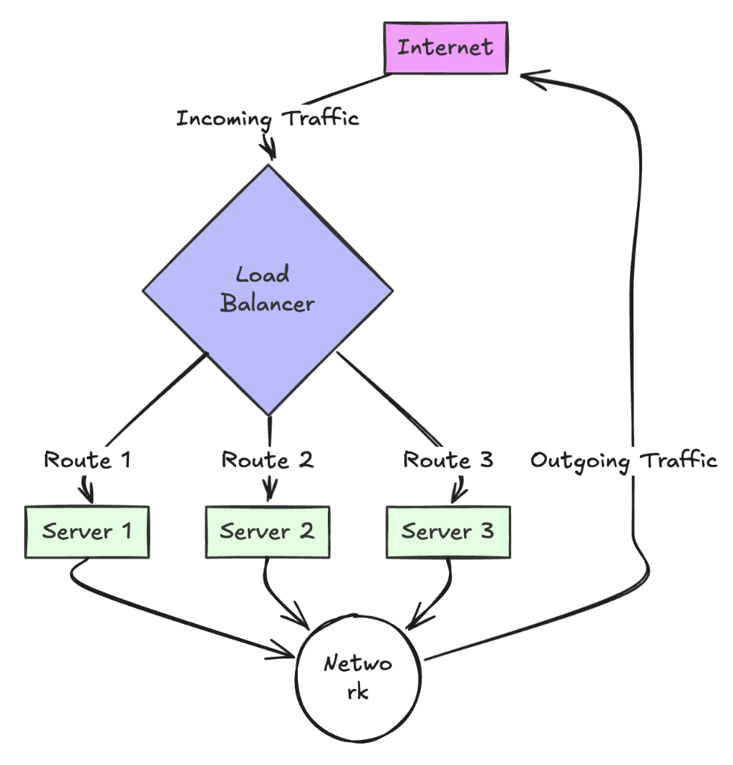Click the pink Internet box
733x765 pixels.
point(446,48)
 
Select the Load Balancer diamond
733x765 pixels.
point(268,290)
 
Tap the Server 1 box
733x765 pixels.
point(87,531)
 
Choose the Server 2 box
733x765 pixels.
point(267,531)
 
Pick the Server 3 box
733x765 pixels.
point(448,531)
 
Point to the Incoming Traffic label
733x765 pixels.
point(267,117)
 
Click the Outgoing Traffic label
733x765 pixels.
point(623,460)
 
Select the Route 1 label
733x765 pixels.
point(87,459)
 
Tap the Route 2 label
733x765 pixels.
point(267,459)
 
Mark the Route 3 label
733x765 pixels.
point(448,459)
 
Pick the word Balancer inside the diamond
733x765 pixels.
point(267,304)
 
